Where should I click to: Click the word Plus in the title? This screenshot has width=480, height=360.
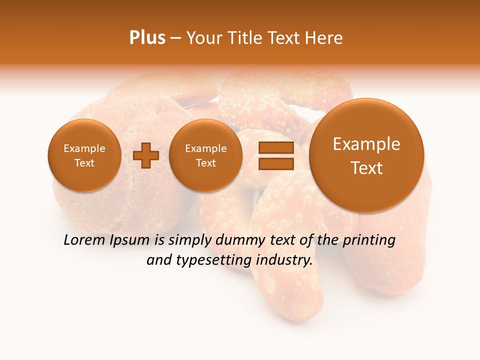(147, 38)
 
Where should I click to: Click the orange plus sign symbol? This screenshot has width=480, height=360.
(145, 155)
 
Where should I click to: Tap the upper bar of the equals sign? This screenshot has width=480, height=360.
(275, 148)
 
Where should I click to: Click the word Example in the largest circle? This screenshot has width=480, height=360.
(366, 144)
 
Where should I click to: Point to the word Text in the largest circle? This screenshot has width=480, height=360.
(366, 168)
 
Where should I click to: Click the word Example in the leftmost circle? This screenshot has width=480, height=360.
(84, 148)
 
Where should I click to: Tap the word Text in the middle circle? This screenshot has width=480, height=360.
(205, 163)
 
